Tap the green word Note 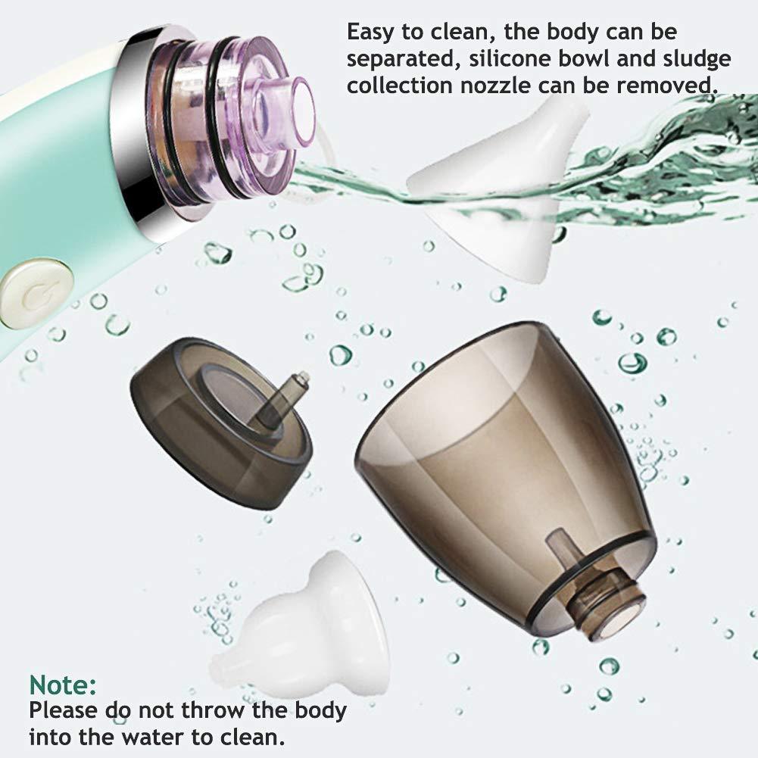coord(63,685)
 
